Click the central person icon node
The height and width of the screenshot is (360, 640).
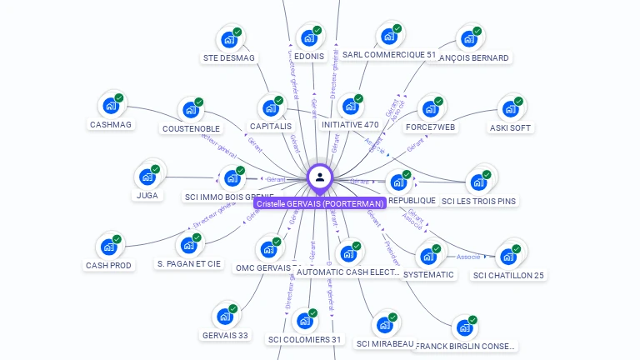click(320, 177)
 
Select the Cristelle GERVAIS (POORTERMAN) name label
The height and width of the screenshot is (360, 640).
click(320, 203)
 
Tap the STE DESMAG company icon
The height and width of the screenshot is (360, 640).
click(228, 38)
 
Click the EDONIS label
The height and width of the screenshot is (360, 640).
click(309, 57)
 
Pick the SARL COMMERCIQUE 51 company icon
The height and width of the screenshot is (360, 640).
click(388, 36)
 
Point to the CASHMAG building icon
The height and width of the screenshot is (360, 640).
click(110, 106)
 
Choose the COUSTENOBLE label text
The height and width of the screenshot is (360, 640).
click(191, 129)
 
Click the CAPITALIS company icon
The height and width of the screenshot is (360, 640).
click(271, 107)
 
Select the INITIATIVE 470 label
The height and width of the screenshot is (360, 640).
click(350, 125)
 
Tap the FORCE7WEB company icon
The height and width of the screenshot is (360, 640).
click(430, 108)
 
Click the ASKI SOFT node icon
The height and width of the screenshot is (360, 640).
click(510, 108)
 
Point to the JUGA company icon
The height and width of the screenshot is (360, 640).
click(147, 177)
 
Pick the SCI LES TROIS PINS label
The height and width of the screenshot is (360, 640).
click(478, 201)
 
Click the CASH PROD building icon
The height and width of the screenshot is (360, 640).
click(108, 247)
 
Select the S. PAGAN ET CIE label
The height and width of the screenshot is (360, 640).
click(189, 264)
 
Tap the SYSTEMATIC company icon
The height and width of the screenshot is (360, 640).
click(428, 256)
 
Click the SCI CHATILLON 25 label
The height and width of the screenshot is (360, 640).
click(508, 275)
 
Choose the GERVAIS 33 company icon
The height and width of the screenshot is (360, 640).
click(224, 317)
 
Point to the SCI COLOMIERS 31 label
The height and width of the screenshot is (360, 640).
click(305, 339)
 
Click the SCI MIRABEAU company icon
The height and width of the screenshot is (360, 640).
click(384, 324)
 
